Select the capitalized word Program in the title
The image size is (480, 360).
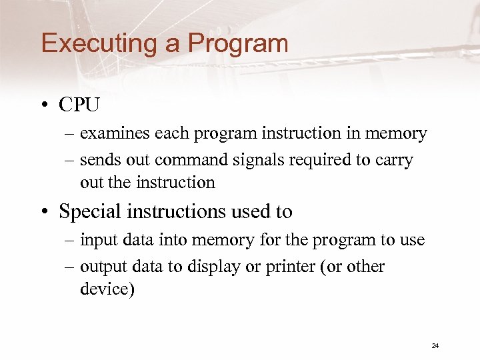pos(238,44)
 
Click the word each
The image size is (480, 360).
pos(172,134)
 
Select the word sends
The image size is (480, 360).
pos(99,161)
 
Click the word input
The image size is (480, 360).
pos(97,240)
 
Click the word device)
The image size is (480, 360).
pos(107,290)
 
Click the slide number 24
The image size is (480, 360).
pos(435,345)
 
